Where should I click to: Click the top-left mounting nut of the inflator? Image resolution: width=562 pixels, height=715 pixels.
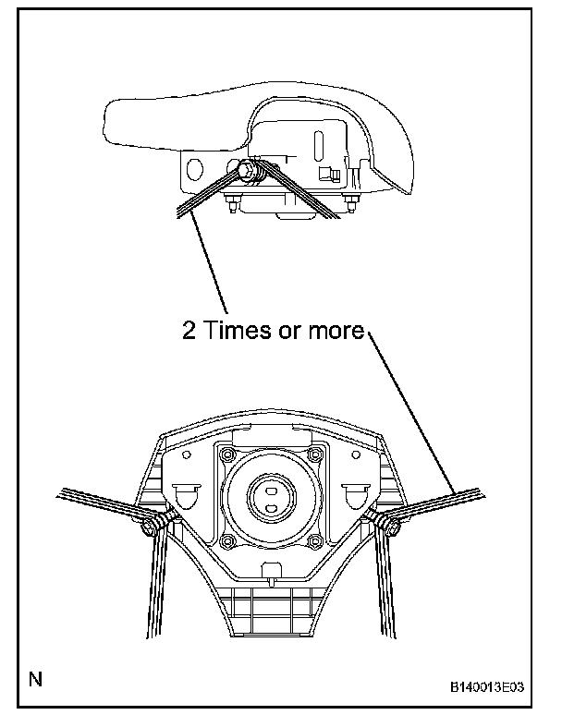226,453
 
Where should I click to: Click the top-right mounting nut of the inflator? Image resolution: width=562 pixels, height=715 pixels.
315,453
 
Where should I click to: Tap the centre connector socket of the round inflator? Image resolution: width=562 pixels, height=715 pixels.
271,495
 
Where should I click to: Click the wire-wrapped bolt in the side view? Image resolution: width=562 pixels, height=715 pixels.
246,171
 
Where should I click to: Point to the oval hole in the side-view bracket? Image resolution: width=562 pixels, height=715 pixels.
196,170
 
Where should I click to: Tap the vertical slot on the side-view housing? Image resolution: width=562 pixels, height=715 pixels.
317,147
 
